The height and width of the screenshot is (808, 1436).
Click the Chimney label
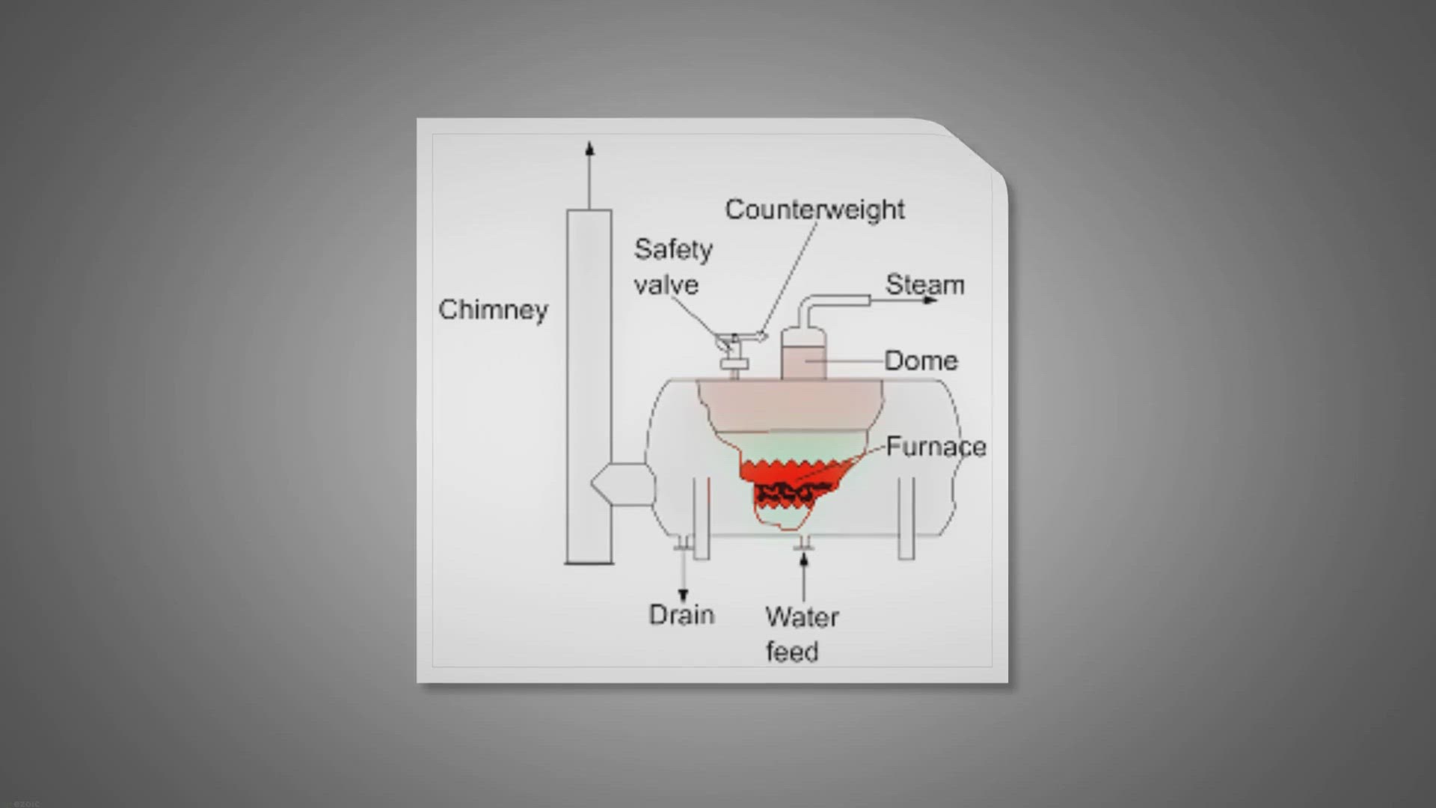point(493,310)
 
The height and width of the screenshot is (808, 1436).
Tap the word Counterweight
point(814,209)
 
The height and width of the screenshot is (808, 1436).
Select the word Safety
point(673,250)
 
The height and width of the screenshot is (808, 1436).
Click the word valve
point(666,285)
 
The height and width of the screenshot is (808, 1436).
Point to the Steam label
point(925,285)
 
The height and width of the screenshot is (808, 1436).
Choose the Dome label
point(921,361)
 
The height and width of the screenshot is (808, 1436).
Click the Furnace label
point(936,447)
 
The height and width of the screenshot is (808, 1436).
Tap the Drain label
point(681,615)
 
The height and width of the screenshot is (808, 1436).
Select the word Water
point(802,617)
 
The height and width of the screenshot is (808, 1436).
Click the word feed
point(792,652)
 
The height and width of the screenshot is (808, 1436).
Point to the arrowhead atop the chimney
point(589,148)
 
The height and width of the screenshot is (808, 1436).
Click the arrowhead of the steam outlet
point(930,300)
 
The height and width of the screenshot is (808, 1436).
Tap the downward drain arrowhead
point(683,596)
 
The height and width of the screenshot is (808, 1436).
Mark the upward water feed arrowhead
point(804,560)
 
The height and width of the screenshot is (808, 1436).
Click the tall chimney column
point(589,386)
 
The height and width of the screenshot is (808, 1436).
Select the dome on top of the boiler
point(804,353)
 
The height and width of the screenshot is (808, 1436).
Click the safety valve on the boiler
point(734,355)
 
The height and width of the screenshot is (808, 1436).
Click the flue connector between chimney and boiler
point(622,484)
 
